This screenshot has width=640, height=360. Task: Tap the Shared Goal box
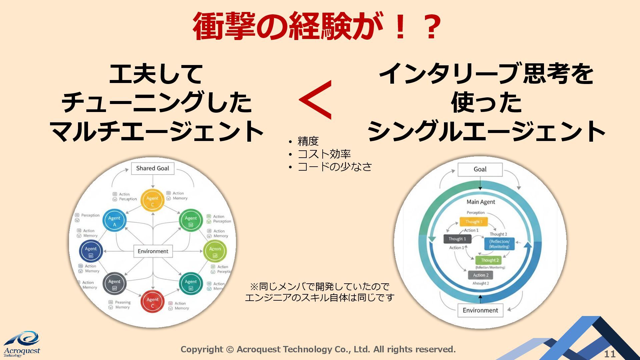(x=153, y=168)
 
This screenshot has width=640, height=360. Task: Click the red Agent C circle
(x=152, y=302)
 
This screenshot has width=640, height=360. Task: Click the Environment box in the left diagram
(x=153, y=251)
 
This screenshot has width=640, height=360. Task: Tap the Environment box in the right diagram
(x=480, y=310)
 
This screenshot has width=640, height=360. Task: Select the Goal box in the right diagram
(x=480, y=169)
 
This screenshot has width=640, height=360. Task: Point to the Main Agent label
(x=481, y=202)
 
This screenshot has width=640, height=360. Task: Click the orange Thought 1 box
(x=473, y=222)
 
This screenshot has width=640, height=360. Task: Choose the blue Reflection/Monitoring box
(x=499, y=244)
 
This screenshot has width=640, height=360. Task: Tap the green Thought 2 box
(x=489, y=260)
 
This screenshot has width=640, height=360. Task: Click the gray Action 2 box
(x=480, y=275)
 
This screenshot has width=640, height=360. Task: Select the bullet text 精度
(x=308, y=141)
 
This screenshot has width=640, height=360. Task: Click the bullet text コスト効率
(x=324, y=154)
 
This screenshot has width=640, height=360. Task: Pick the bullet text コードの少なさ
(x=334, y=166)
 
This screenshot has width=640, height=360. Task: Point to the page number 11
(x=610, y=354)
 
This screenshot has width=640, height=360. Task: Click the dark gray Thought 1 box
(x=457, y=239)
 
